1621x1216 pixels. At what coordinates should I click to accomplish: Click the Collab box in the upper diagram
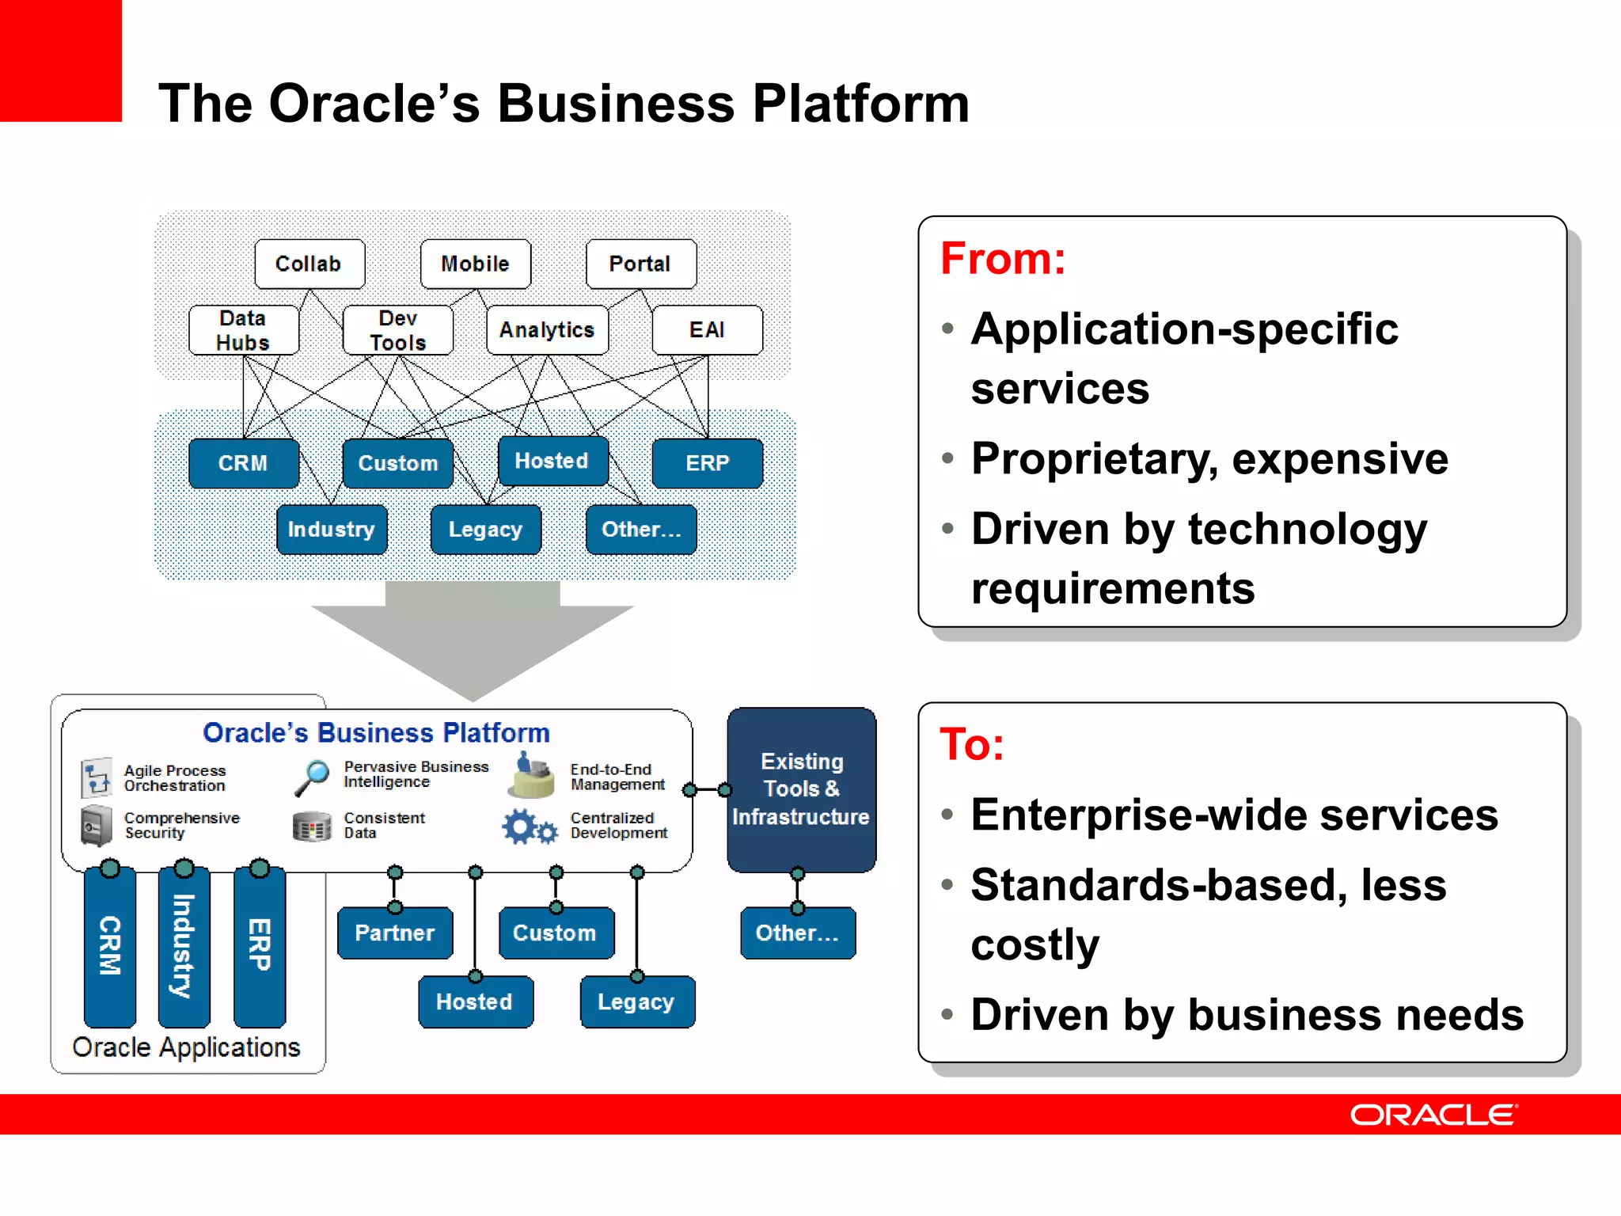click(309, 264)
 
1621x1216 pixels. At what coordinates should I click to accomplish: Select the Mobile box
click(475, 264)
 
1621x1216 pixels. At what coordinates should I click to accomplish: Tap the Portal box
click(640, 264)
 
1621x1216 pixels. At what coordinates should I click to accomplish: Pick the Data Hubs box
click(244, 330)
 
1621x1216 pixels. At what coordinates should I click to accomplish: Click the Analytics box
click(547, 330)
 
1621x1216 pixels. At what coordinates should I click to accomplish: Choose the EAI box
click(707, 330)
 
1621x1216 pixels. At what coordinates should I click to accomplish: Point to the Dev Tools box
click(398, 330)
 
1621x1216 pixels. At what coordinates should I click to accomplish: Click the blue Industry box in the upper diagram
click(332, 529)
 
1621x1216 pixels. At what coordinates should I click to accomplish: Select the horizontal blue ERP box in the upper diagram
click(707, 463)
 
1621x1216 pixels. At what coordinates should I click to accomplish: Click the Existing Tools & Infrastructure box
click(801, 789)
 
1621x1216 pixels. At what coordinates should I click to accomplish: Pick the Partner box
click(395, 933)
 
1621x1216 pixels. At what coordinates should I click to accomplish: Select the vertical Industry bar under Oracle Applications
click(184, 946)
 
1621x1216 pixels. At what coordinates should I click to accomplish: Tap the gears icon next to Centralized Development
click(529, 827)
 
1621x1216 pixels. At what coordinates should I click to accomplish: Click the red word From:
click(1003, 259)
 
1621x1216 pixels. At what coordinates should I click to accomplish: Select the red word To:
click(972, 745)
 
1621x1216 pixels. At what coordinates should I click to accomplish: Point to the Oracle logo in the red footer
click(1433, 1115)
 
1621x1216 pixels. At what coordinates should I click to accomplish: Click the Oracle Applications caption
click(186, 1047)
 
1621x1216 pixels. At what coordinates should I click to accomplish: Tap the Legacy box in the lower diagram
click(636, 1001)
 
